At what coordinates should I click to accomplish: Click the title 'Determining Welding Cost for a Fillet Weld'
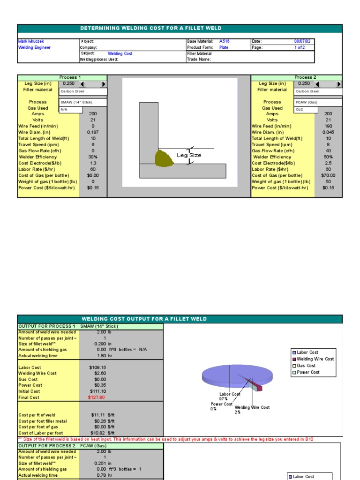[x=151, y=29]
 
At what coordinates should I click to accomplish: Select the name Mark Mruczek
[x=31, y=41]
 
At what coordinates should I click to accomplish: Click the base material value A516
[x=225, y=41]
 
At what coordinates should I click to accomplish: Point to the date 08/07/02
[x=301, y=41]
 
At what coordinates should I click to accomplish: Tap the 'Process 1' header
[x=70, y=77]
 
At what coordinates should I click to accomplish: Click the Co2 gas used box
[x=306, y=110]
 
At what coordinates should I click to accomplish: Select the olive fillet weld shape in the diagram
[x=164, y=158]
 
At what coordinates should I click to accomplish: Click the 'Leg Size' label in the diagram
[x=189, y=155]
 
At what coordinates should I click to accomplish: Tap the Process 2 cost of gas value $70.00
[x=328, y=175]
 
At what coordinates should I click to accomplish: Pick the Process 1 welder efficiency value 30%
[x=93, y=157]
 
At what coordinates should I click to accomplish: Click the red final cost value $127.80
[x=97, y=397]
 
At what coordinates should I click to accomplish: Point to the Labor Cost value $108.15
[x=97, y=367]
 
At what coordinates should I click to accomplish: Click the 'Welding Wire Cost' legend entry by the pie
[x=315, y=359]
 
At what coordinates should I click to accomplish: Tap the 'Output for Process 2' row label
[x=47, y=446]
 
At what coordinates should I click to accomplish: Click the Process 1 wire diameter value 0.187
[x=93, y=132]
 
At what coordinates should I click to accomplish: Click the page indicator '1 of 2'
[x=300, y=47]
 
